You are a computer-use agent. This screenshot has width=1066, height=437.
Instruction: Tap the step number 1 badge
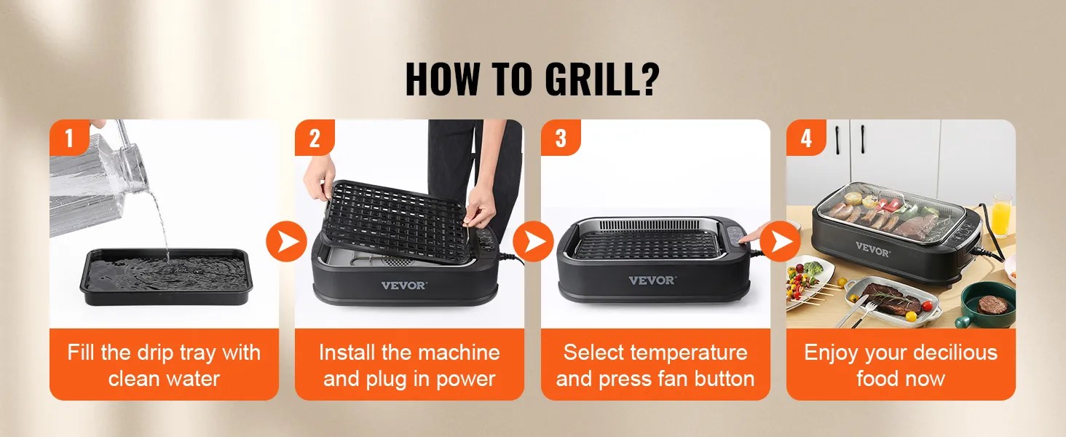point(69,137)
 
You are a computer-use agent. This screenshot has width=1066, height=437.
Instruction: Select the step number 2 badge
point(315,137)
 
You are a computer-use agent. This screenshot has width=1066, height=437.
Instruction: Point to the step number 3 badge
point(560,137)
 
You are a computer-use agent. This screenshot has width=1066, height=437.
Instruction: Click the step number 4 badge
point(805,137)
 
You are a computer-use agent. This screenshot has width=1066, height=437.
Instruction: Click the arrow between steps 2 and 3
point(533,240)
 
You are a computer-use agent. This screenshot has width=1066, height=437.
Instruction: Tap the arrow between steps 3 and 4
point(781,242)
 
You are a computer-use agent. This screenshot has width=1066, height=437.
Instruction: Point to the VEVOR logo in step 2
point(403,286)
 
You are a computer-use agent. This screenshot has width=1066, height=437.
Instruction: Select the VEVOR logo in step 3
point(652,280)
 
